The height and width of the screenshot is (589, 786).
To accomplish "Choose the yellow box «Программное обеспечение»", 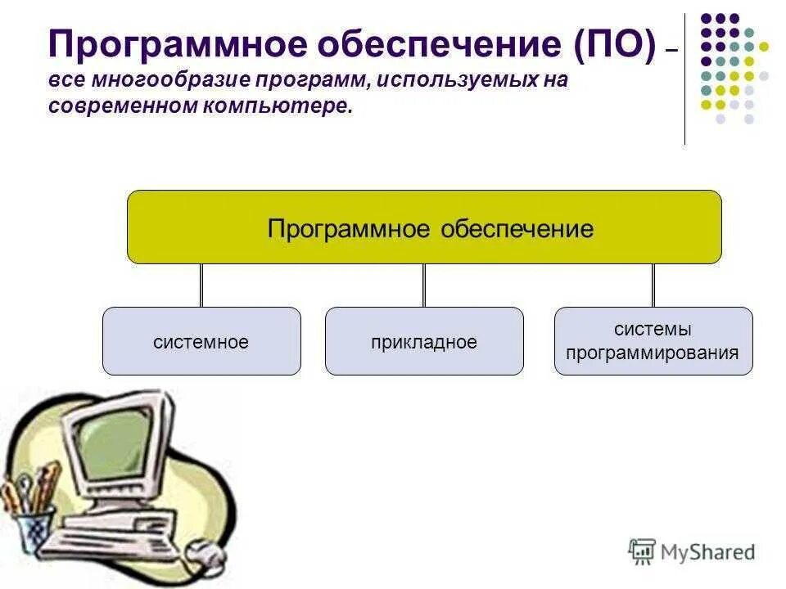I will [424, 227].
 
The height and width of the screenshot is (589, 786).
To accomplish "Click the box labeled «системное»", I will [201, 341].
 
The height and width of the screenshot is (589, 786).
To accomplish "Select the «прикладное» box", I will [424, 341].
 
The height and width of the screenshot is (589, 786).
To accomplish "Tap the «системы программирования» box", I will [653, 341].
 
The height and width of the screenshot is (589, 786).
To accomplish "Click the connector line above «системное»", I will [201, 286].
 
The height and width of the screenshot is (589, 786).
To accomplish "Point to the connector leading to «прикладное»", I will [424, 286].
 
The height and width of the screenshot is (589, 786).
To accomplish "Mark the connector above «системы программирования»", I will [653, 286].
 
